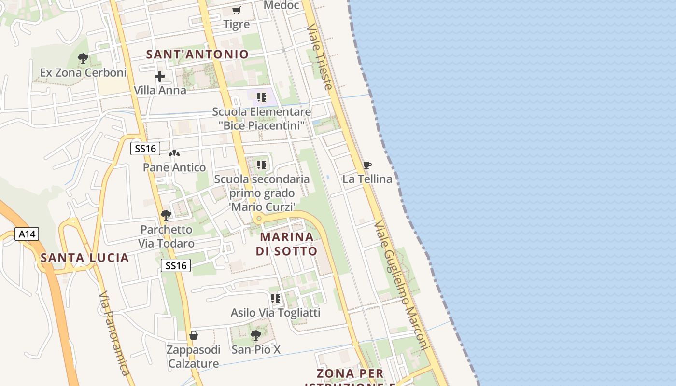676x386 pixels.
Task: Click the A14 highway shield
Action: tap(27, 234)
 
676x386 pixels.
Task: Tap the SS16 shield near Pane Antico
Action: tap(145, 149)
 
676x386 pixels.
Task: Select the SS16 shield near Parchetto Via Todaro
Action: tap(176, 265)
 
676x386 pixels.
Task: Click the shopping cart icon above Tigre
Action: tap(237, 10)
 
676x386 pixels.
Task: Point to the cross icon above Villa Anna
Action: tap(160, 76)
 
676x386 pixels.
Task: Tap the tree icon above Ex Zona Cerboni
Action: tap(83, 58)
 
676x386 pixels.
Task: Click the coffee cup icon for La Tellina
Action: tap(367, 165)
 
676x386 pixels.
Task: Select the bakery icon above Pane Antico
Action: tap(174, 154)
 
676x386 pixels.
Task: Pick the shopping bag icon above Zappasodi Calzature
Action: tap(194, 335)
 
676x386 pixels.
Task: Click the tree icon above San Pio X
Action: tap(256, 335)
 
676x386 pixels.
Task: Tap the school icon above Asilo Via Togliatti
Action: tap(276, 299)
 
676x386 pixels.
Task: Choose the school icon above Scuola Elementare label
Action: tap(262, 98)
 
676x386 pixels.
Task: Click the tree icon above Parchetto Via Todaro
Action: tap(166, 215)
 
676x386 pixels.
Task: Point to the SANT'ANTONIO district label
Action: tap(197, 55)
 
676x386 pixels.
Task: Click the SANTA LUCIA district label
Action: tap(85, 258)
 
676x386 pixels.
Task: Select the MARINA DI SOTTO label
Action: tap(287, 244)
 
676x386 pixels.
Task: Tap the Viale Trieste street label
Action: tap(320, 57)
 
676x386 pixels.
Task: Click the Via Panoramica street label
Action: tap(114, 333)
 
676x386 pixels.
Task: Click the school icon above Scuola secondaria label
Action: tap(262, 165)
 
